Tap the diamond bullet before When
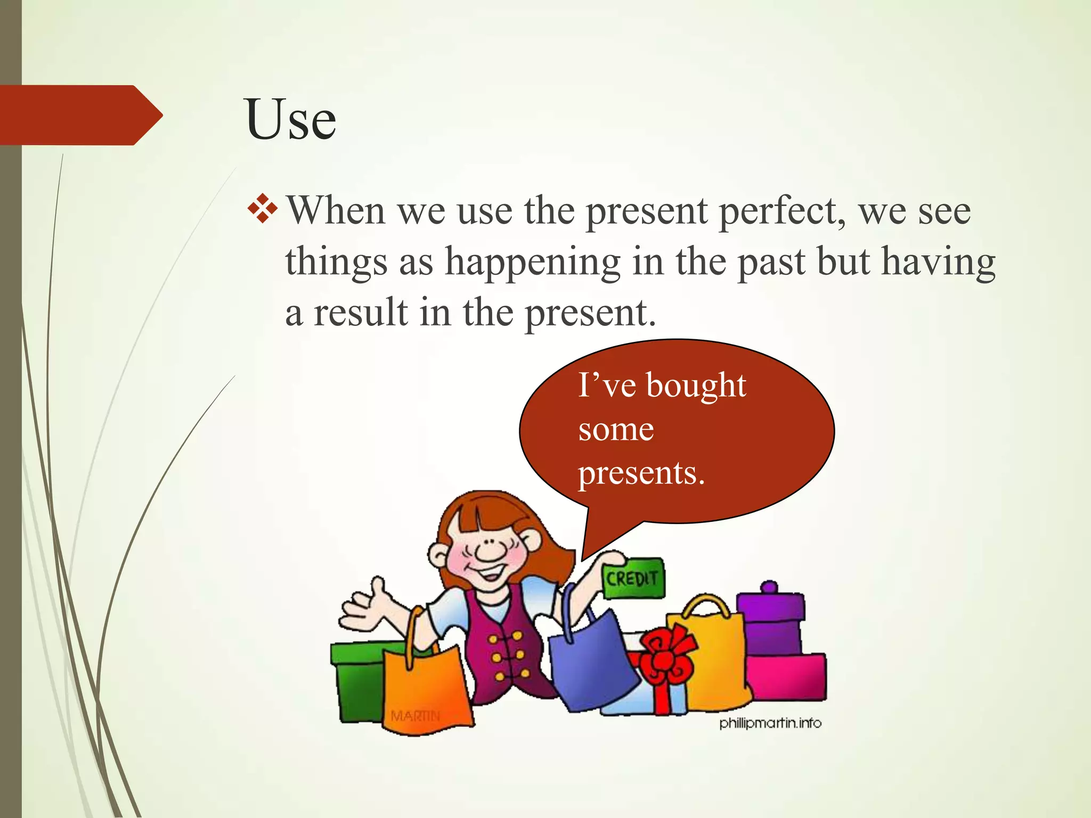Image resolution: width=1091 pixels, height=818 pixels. point(263,209)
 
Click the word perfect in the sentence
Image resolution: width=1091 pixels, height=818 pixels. point(781,211)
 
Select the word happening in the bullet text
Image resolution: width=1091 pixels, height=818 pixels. point(532,263)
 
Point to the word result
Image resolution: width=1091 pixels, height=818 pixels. point(360,313)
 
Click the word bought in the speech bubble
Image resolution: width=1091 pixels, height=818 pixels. point(696,386)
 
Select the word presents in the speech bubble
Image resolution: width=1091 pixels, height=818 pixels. point(641,473)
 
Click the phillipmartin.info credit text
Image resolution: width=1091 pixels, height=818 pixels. point(770,723)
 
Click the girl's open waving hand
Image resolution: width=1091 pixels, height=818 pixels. point(365,604)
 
